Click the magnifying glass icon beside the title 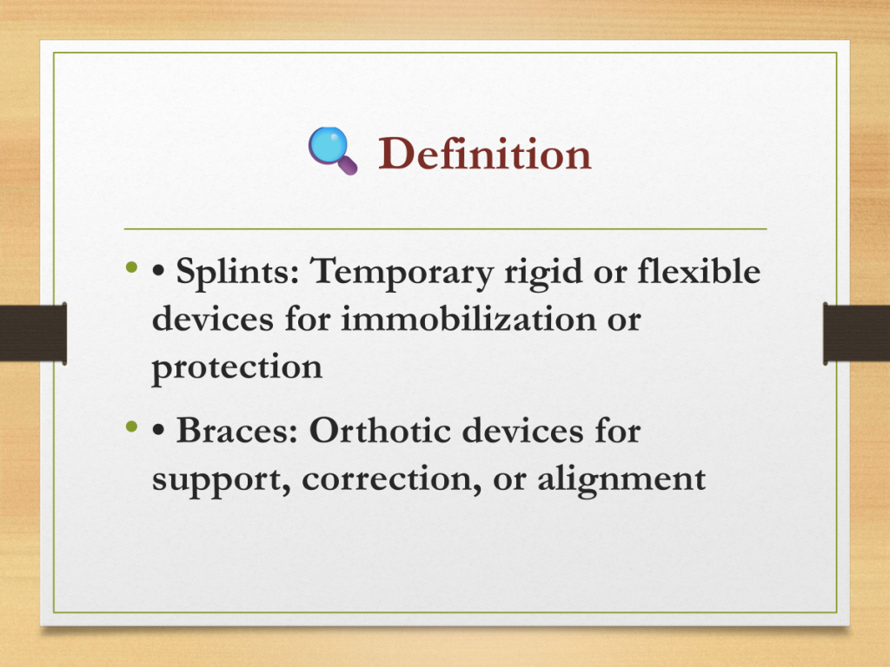(x=333, y=150)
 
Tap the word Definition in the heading (x=485, y=153)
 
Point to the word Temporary (x=402, y=272)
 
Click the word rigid (x=543, y=272)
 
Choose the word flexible (x=699, y=271)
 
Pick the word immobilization (x=468, y=318)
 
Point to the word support (x=222, y=479)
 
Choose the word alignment (x=621, y=479)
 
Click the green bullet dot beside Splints (x=132, y=267)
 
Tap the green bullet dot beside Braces (x=132, y=426)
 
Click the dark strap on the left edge (x=34, y=333)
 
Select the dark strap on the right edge (x=856, y=333)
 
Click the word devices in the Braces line (x=522, y=431)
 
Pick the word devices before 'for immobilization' (x=213, y=318)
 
